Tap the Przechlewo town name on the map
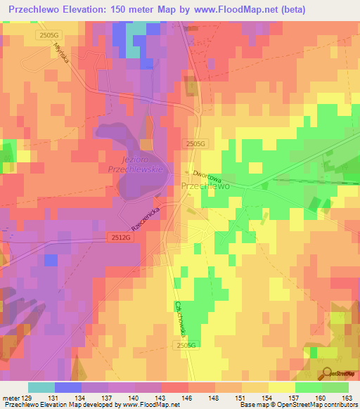coord(205,186)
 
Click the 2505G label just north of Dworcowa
coord(197,143)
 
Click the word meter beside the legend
coord(10,398)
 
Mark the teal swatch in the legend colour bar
coord(41,387)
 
